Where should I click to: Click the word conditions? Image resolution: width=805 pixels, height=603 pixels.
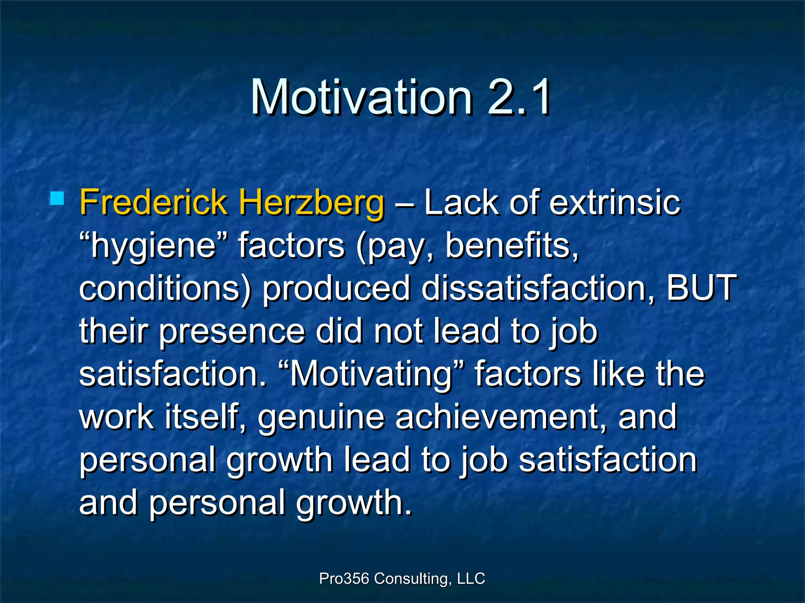coord(165,289)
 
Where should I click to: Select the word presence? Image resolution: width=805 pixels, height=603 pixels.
coord(232,332)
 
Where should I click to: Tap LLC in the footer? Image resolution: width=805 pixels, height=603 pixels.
coord(471,578)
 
